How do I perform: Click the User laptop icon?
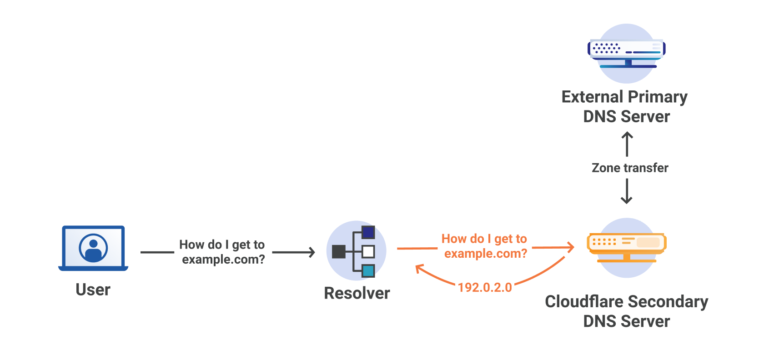point(93,248)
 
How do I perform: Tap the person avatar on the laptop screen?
point(93,248)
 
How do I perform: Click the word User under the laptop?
point(93,290)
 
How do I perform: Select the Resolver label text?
point(357,293)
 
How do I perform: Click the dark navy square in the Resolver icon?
point(368,232)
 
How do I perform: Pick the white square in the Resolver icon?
point(368,251)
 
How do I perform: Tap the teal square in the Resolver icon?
point(368,271)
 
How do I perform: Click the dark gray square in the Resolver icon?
point(339,251)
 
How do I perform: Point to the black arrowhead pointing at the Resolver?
point(312,252)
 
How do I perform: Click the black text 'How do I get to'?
point(222,245)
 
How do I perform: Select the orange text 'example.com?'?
point(486,253)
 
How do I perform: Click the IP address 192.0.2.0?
point(485,287)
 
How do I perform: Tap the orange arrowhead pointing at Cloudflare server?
point(571,247)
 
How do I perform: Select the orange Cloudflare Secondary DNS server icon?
point(627,245)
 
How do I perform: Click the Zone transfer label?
point(630,168)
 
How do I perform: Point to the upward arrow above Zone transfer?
point(627,143)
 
